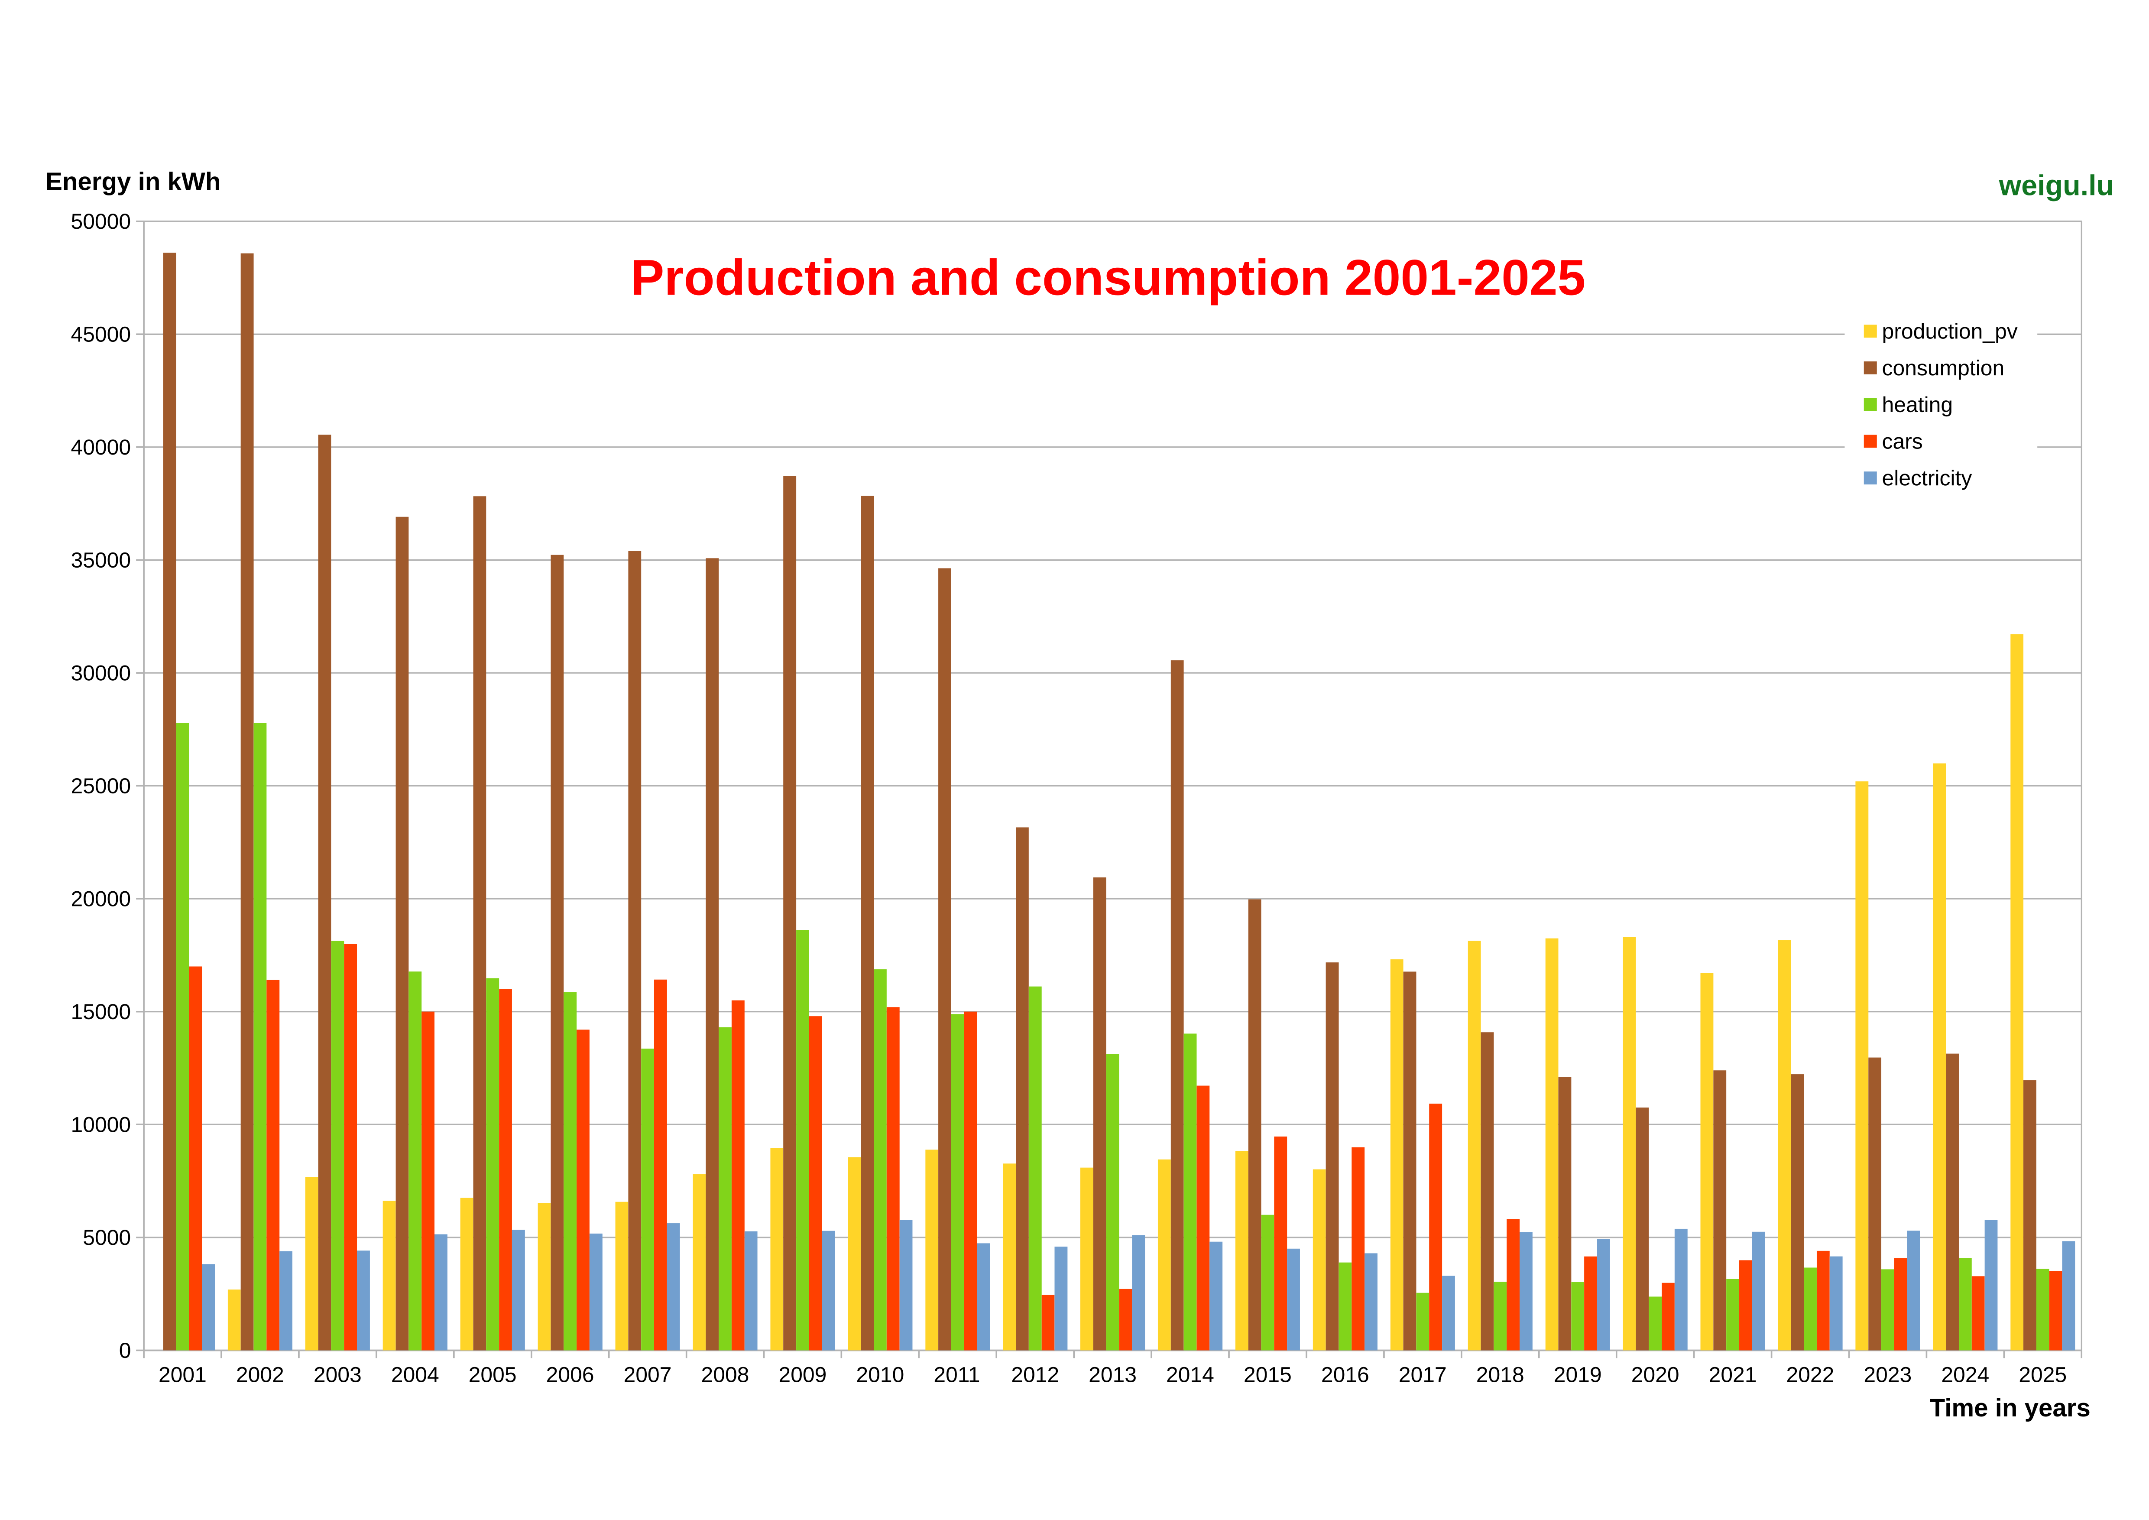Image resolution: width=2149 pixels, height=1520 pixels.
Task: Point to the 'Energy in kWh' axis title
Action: point(133,182)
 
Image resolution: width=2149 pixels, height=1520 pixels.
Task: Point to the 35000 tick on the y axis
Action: point(101,561)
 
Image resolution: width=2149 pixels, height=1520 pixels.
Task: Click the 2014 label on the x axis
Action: point(1190,1375)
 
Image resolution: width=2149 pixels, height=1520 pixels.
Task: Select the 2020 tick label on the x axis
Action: point(1655,1375)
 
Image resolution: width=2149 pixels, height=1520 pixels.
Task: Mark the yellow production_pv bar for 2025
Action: point(2016,992)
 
